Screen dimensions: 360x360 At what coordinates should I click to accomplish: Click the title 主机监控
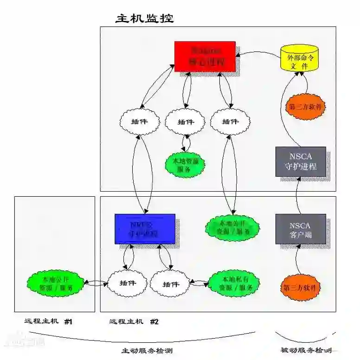[x=144, y=19]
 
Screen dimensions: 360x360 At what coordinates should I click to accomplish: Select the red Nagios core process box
[x=205, y=56]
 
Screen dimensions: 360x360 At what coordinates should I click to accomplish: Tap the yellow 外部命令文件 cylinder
[x=299, y=59]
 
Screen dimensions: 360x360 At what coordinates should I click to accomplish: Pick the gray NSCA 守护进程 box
[x=300, y=161]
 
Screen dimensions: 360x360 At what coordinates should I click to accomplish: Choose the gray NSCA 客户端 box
[x=300, y=229]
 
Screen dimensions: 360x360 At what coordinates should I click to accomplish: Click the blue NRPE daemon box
[x=145, y=228]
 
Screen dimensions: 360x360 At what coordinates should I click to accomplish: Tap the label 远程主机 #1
[x=49, y=321]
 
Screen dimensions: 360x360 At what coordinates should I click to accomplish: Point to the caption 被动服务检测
[x=306, y=350]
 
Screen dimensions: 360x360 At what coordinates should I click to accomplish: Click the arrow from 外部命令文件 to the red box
[x=257, y=54]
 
